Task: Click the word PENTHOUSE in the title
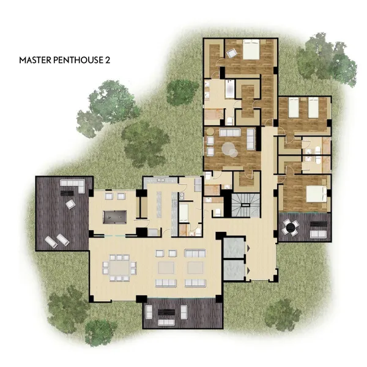[79, 60]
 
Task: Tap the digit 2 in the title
[108, 60]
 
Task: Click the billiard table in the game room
[115, 217]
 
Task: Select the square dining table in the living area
[119, 267]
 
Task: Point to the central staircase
[246, 206]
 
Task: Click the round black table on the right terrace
[291, 227]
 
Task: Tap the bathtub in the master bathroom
[230, 89]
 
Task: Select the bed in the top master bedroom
[251, 50]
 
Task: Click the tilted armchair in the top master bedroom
[232, 53]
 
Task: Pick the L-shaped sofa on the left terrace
[73, 185]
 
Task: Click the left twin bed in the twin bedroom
[294, 108]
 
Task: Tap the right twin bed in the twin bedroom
[313, 108]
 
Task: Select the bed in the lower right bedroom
[316, 194]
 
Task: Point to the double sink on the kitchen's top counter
[161, 180]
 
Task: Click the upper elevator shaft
[234, 248]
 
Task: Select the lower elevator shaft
[234, 270]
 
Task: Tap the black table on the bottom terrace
[166, 312]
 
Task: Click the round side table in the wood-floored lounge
[210, 132]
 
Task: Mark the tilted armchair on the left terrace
[71, 204]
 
